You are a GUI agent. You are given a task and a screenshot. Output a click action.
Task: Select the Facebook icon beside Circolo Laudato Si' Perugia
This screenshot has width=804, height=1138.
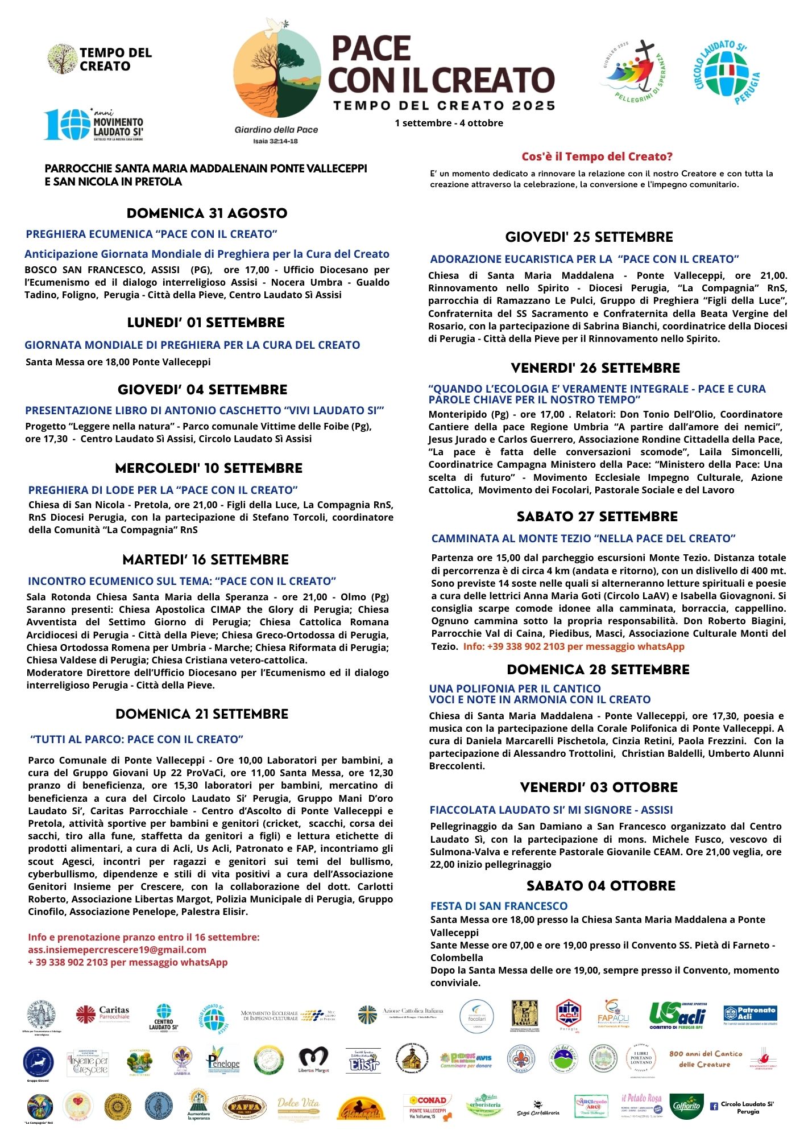[x=714, y=1107]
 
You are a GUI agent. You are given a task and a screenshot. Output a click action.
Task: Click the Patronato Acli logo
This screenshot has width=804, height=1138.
[x=750, y=1014]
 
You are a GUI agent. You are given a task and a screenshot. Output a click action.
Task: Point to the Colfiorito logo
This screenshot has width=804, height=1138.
[x=686, y=1107]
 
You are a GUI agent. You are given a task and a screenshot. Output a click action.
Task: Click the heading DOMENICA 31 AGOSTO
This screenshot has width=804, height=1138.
[x=207, y=213]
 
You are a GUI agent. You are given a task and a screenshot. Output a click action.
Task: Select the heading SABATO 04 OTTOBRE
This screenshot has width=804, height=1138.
[x=601, y=886]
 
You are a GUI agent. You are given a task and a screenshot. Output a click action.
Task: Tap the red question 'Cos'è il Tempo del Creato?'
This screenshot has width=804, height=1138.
[x=597, y=156]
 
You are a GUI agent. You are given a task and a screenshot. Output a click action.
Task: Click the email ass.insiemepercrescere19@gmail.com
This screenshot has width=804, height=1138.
[x=117, y=950]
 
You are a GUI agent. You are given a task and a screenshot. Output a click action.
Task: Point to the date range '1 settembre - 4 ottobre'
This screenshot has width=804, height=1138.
[x=449, y=123]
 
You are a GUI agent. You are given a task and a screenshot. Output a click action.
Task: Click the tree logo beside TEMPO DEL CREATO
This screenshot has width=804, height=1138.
[x=62, y=59]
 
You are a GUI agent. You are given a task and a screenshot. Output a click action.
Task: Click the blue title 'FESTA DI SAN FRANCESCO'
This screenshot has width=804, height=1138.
[x=499, y=906]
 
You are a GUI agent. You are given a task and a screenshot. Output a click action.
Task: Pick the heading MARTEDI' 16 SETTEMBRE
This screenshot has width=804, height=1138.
[x=206, y=560]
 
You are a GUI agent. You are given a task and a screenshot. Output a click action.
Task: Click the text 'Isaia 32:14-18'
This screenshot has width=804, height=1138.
[x=276, y=141]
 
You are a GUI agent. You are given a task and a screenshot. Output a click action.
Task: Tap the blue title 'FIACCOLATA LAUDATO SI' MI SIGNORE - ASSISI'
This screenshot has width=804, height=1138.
[x=551, y=810]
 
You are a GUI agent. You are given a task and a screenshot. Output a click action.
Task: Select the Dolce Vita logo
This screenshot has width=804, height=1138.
[x=299, y=1107]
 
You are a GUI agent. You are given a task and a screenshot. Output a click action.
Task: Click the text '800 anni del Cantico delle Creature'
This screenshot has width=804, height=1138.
[x=705, y=1059]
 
